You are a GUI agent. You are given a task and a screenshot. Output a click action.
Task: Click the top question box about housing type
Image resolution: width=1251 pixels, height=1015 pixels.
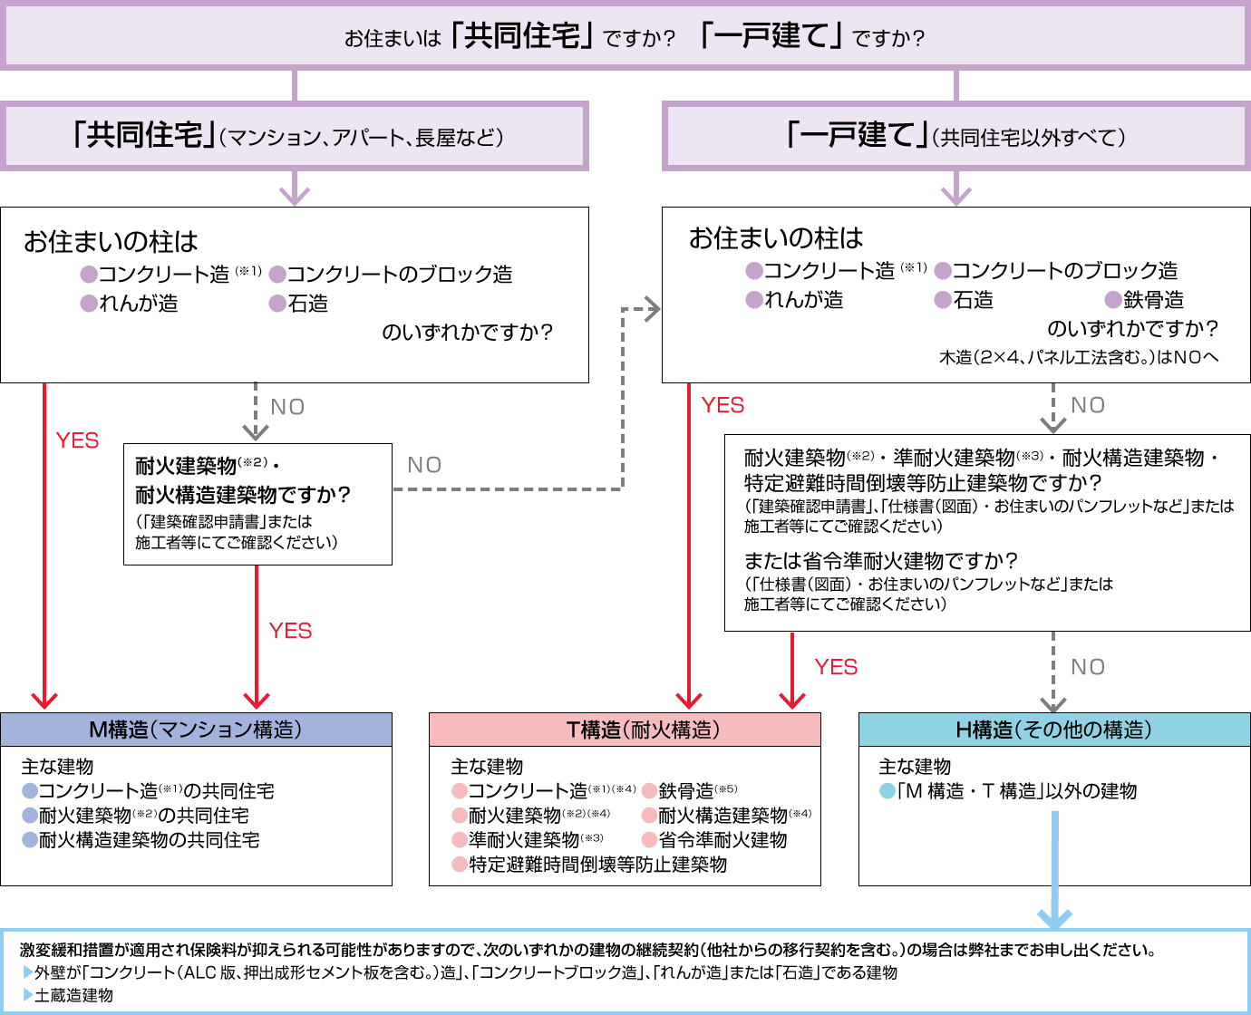click(x=625, y=37)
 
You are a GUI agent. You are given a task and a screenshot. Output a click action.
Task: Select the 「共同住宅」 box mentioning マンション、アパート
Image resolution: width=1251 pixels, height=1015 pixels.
click(x=294, y=137)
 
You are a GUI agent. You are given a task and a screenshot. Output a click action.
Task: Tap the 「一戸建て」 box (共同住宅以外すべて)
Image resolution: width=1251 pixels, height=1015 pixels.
click(x=955, y=137)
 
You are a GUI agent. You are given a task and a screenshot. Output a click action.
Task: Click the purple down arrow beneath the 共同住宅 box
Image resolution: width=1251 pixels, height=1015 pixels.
click(x=295, y=192)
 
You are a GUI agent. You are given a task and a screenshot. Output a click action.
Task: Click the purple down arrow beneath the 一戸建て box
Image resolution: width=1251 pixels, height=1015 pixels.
click(x=956, y=192)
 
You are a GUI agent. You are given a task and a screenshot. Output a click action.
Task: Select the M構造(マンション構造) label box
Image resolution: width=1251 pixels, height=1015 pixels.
click(x=196, y=730)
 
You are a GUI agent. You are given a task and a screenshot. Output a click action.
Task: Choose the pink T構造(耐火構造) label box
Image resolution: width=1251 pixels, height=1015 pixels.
click(x=625, y=730)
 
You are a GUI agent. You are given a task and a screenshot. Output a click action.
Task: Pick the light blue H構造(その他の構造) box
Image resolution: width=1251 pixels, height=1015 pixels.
click(x=1053, y=730)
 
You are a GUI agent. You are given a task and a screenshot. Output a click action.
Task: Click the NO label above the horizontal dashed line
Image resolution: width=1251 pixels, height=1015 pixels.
click(x=424, y=465)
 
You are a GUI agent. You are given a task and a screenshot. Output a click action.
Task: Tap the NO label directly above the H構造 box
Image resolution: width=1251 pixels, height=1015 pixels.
click(x=1088, y=667)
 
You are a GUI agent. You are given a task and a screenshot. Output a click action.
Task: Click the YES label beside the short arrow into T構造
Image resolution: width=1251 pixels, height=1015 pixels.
click(x=836, y=667)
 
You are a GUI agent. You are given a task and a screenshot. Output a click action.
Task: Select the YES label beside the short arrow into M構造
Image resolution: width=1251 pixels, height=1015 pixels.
click(x=290, y=631)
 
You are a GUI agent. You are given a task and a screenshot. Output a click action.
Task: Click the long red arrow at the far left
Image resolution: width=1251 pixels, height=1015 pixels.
click(x=44, y=544)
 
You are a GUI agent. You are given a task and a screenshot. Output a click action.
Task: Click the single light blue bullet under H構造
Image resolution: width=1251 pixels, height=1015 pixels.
click(x=887, y=791)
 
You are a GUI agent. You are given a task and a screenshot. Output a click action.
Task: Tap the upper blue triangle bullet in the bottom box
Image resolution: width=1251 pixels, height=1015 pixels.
click(x=28, y=971)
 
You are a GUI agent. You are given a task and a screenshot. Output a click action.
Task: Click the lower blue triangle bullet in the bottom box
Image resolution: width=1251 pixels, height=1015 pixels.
click(x=28, y=994)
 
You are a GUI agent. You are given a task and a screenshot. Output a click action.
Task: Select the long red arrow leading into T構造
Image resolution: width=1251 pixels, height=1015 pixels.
click(x=689, y=544)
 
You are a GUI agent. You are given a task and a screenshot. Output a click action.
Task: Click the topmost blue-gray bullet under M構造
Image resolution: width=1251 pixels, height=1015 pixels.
click(x=30, y=791)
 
